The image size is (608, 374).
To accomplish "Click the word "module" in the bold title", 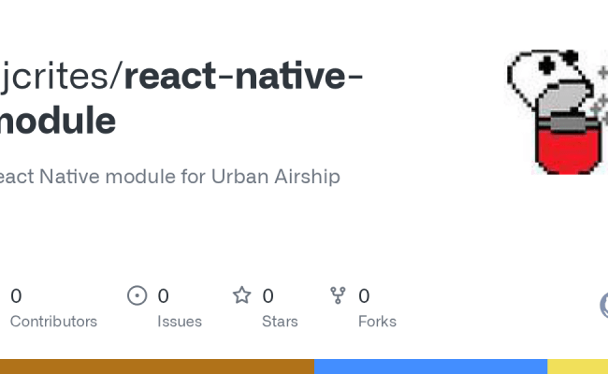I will click(x=58, y=121).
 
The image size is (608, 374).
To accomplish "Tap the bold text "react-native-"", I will click(x=244, y=77).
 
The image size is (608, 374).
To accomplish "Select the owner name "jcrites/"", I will click(x=61, y=77).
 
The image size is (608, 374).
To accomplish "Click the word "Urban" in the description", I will click(x=238, y=176).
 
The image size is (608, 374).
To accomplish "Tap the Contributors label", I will click(x=53, y=321).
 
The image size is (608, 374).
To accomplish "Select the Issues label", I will click(x=180, y=321).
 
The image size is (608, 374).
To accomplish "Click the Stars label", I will click(x=280, y=321).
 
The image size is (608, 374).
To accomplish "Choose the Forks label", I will click(x=377, y=321).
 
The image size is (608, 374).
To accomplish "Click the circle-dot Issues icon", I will click(x=138, y=295).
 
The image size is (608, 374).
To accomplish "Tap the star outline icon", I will click(x=242, y=295).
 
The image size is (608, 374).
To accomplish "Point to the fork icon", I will click(x=339, y=295).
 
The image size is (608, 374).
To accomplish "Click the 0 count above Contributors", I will click(x=16, y=296).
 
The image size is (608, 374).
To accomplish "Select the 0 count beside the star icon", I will click(x=268, y=296).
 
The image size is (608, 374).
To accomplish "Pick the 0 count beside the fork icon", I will click(x=364, y=296).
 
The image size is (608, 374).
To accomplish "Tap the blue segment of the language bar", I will click(x=430, y=367).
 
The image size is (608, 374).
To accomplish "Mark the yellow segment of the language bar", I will click(x=577, y=367).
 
